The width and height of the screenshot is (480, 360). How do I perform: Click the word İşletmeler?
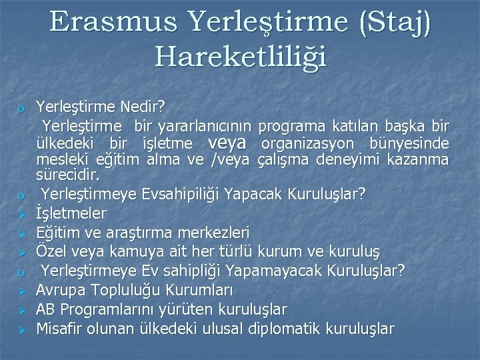tap(71, 213)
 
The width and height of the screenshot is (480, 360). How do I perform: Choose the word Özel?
tap(51, 252)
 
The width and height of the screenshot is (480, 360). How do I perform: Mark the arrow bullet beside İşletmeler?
tap(21, 214)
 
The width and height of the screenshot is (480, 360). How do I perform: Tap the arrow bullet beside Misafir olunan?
tap(21, 329)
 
